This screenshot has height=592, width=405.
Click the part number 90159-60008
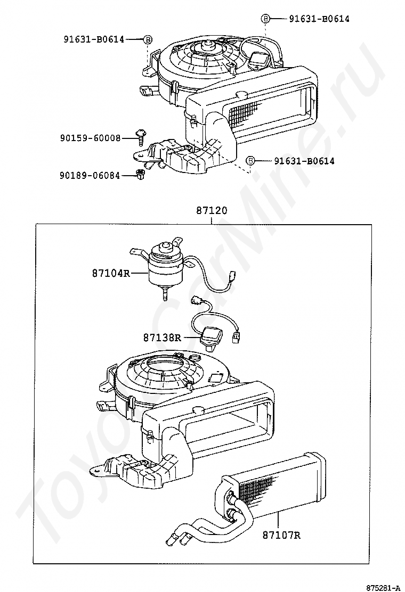[91, 138]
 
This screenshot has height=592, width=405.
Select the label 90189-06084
[91, 175]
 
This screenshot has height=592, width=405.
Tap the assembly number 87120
[212, 210]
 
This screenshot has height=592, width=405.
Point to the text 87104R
[111, 273]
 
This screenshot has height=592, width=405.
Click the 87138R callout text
[162, 337]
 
